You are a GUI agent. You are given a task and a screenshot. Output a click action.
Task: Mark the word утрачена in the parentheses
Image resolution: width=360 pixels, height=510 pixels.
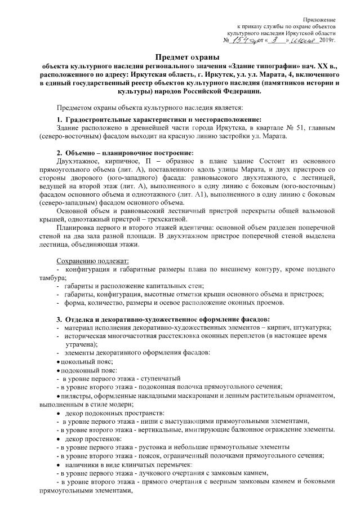click(x=81, y=344)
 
